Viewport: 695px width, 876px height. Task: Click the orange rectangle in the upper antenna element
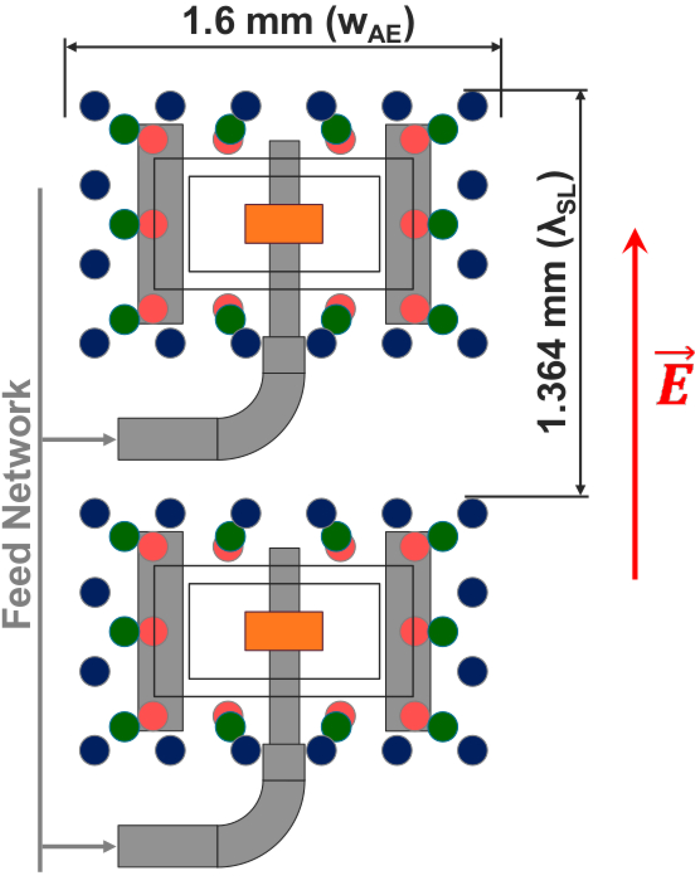[x=284, y=224]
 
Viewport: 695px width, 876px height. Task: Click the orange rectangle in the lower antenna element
[x=284, y=631]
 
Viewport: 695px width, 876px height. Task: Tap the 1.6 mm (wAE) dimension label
[x=298, y=23]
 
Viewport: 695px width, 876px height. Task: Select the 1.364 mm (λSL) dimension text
[x=556, y=302]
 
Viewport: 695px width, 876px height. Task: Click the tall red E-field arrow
[x=635, y=404]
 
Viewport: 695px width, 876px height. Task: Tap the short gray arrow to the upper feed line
[x=78, y=439]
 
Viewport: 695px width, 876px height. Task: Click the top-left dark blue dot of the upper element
[x=95, y=106]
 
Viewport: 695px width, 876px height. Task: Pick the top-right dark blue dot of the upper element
[x=473, y=106]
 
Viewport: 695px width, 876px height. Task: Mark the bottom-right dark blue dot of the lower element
[x=473, y=750]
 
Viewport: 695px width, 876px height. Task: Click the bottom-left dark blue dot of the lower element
[x=95, y=750]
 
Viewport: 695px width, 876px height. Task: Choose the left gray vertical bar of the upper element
[x=160, y=224]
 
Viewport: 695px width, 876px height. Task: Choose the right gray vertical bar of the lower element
[x=408, y=631]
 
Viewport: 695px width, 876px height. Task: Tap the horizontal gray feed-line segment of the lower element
[x=167, y=846]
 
